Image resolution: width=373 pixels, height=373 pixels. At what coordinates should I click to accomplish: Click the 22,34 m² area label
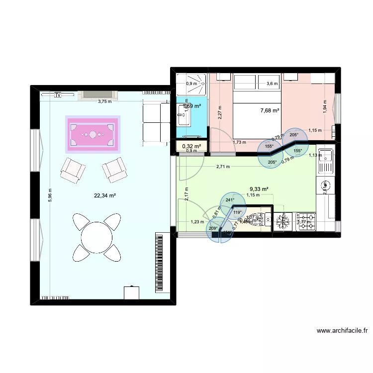coord(105,196)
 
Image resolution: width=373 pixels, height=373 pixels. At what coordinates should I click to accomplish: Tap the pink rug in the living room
coord(93,134)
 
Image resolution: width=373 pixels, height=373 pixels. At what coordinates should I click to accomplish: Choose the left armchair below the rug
coord(72,170)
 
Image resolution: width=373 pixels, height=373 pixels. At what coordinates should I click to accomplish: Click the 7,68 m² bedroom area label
coord(270,110)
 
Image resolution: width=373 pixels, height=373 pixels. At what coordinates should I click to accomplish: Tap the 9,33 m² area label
coord(259,189)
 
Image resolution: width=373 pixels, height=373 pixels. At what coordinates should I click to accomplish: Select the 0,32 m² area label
coord(191,146)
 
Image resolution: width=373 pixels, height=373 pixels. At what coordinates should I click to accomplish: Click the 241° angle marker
coord(230,200)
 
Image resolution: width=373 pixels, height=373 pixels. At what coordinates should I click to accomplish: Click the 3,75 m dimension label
coord(104,101)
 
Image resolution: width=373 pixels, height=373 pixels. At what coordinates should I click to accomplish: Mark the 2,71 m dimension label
coord(223,167)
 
